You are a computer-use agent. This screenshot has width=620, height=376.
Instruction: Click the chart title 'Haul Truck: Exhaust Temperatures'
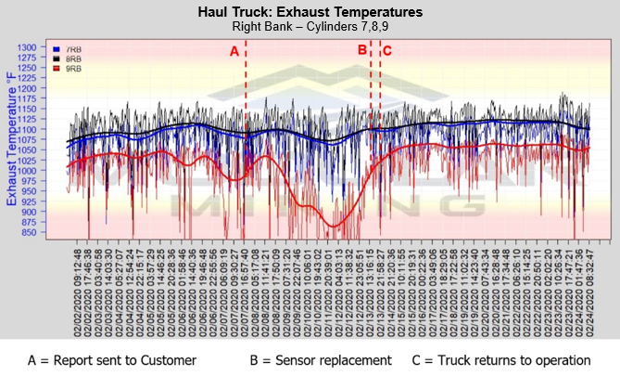(310, 12)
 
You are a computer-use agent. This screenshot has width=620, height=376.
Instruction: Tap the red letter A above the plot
(234, 51)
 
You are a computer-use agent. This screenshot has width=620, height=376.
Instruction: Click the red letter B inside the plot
(362, 51)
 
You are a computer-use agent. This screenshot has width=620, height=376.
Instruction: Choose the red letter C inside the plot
(387, 51)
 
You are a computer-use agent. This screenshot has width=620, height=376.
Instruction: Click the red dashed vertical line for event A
(246, 139)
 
